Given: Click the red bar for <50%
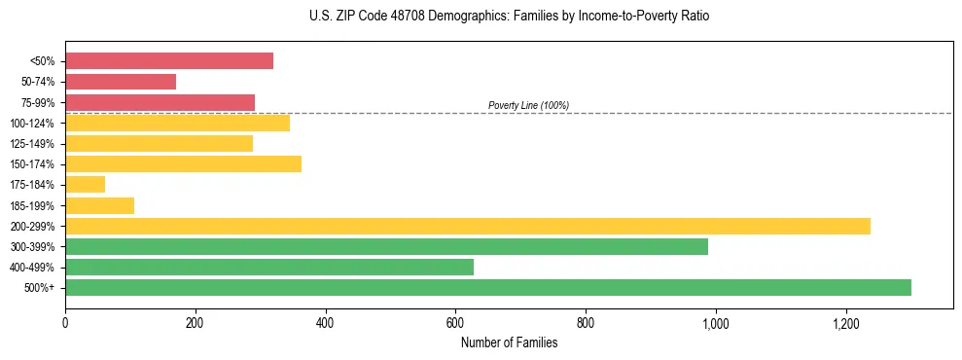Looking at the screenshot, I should pos(169,61).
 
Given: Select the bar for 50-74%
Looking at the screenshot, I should pos(121,82).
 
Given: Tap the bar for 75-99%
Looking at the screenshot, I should pos(160,102).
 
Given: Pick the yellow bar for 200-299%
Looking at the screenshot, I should pos(468,226).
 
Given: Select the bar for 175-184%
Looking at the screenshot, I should pos(86,184).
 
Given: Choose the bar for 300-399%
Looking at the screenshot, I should pos(386,246).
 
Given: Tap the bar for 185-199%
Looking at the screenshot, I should pos(99,205).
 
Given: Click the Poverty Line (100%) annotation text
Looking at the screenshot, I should pos(528,105).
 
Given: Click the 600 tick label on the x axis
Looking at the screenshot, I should pos(455,323).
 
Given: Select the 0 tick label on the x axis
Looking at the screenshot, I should pos(65,323).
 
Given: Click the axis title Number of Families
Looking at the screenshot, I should pos(509,342).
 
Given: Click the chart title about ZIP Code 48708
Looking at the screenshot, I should pos(509,17).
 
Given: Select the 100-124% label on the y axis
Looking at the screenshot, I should pos(32,124).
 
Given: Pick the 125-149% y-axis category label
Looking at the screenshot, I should pos(32,144).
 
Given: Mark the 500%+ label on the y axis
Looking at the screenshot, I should pos(40,288).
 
